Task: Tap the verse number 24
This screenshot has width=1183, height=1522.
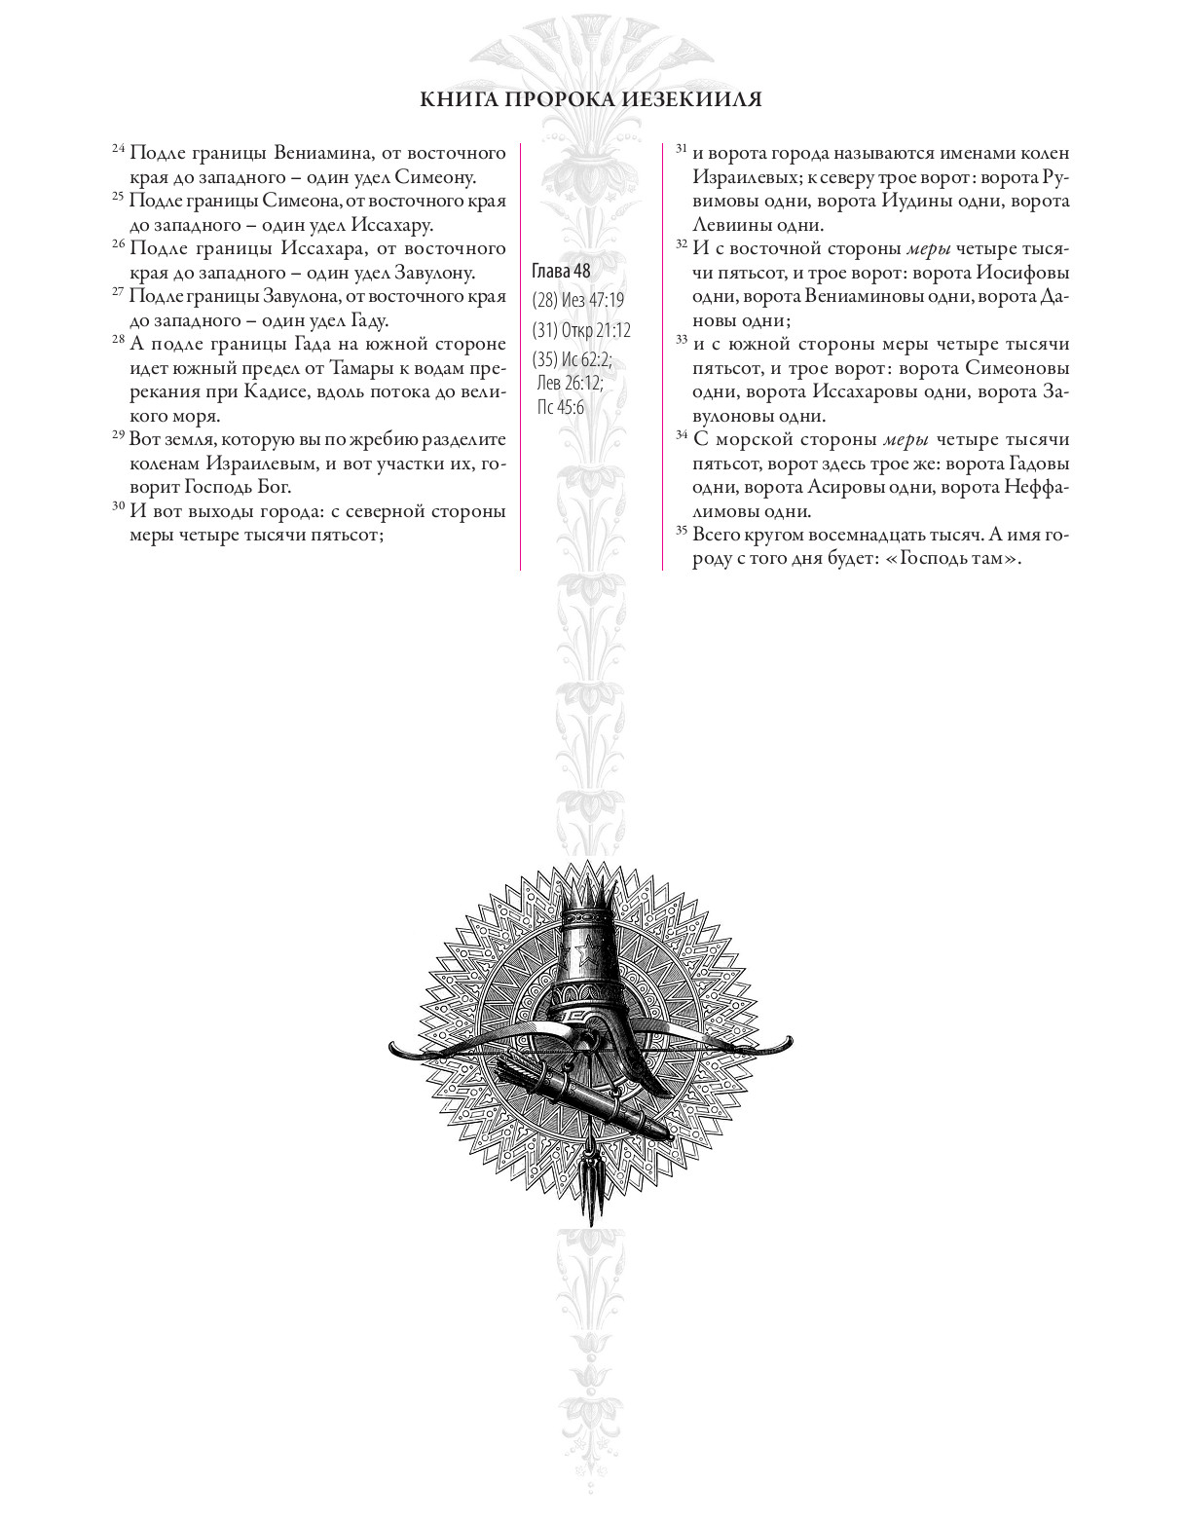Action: (x=118, y=149)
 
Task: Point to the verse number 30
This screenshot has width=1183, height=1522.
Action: (x=118, y=506)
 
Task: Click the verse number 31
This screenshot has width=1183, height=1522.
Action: (x=682, y=149)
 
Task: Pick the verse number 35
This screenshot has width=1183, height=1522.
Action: (x=682, y=531)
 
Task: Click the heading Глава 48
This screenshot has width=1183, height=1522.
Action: (x=561, y=271)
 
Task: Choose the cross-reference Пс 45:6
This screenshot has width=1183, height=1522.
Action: (x=561, y=407)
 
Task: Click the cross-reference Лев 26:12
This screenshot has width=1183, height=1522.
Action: (x=571, y=383)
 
